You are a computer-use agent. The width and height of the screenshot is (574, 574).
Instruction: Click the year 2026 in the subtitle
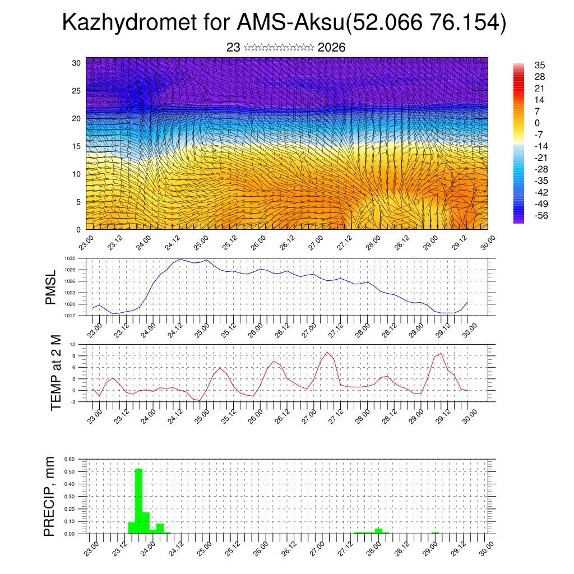pos(331,48)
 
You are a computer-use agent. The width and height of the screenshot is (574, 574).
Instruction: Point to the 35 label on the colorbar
pos(540,65)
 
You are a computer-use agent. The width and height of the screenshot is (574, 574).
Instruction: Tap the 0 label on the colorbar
pos(537,123)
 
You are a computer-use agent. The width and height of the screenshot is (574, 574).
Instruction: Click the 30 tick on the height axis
pos(76,63)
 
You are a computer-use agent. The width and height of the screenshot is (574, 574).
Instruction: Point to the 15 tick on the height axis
pos(76,146)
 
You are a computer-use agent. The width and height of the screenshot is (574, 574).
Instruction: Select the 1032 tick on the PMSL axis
pos(70,258)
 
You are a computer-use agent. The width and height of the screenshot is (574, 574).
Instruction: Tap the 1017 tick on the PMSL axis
pos(70,316)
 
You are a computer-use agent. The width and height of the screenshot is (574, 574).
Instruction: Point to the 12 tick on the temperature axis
pos(73,344)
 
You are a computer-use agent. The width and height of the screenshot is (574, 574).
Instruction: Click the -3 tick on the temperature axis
pos(73,401)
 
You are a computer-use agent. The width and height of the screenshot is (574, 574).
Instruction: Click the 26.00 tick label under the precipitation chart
pos(259,547)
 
